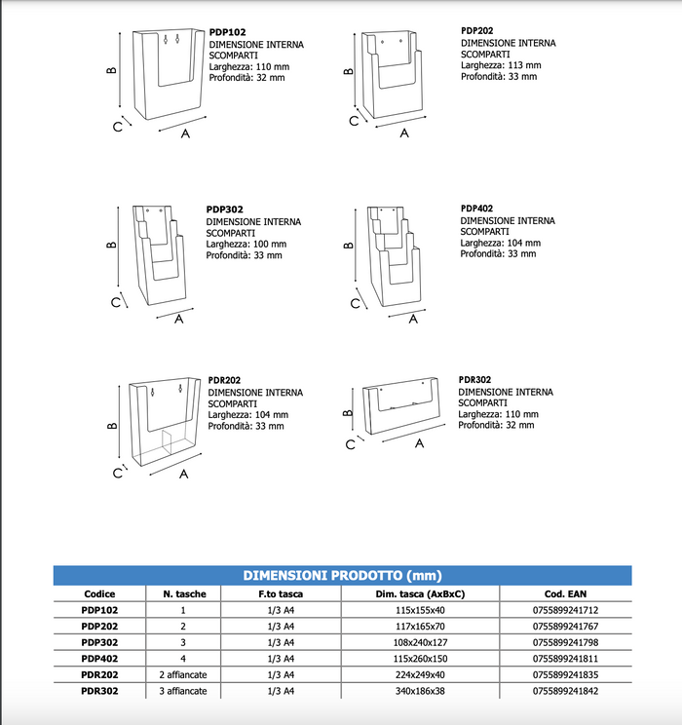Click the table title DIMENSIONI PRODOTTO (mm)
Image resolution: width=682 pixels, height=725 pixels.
point(341,576)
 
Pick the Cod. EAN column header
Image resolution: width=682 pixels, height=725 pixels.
point(565,593)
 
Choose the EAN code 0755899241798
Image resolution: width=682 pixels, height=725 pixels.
point(565,642)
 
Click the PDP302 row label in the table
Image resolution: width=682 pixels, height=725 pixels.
point(99,642)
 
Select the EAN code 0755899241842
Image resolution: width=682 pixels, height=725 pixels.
point(565,690)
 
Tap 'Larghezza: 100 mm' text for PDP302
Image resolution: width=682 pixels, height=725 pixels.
point(246,244)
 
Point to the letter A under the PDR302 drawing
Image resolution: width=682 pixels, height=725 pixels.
point(419,443)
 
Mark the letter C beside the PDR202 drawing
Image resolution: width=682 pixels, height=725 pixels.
point(116,474)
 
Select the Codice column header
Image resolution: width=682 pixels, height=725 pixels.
point(99,593)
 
